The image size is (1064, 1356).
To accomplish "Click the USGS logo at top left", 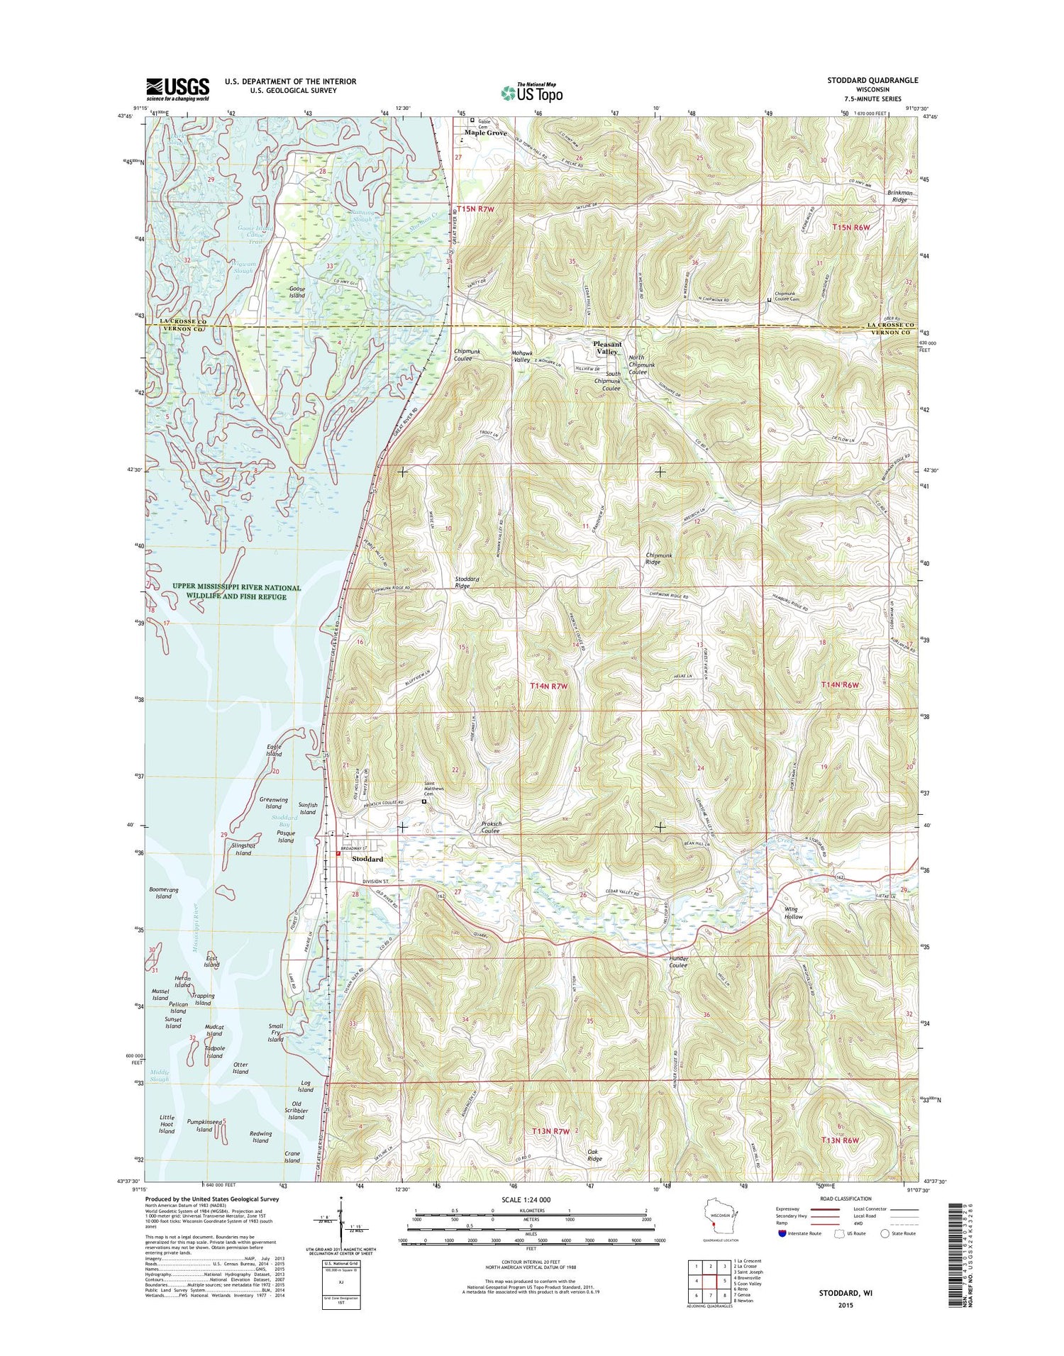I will pos(177,89).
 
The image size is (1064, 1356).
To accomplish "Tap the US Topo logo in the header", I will pos(532,91).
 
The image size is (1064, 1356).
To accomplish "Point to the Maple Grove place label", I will pos(485,133).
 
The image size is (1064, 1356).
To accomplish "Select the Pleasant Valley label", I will pos(607,348).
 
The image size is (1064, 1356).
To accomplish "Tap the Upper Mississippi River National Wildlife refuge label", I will pos(236,592).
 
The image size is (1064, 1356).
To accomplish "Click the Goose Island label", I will pos(297,291).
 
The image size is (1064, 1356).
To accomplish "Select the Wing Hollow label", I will pos(793,913).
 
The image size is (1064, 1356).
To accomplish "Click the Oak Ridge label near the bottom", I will pos(594,1155).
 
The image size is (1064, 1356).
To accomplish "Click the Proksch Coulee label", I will pos(492,828).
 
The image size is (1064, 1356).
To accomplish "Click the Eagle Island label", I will pos(274,750).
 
